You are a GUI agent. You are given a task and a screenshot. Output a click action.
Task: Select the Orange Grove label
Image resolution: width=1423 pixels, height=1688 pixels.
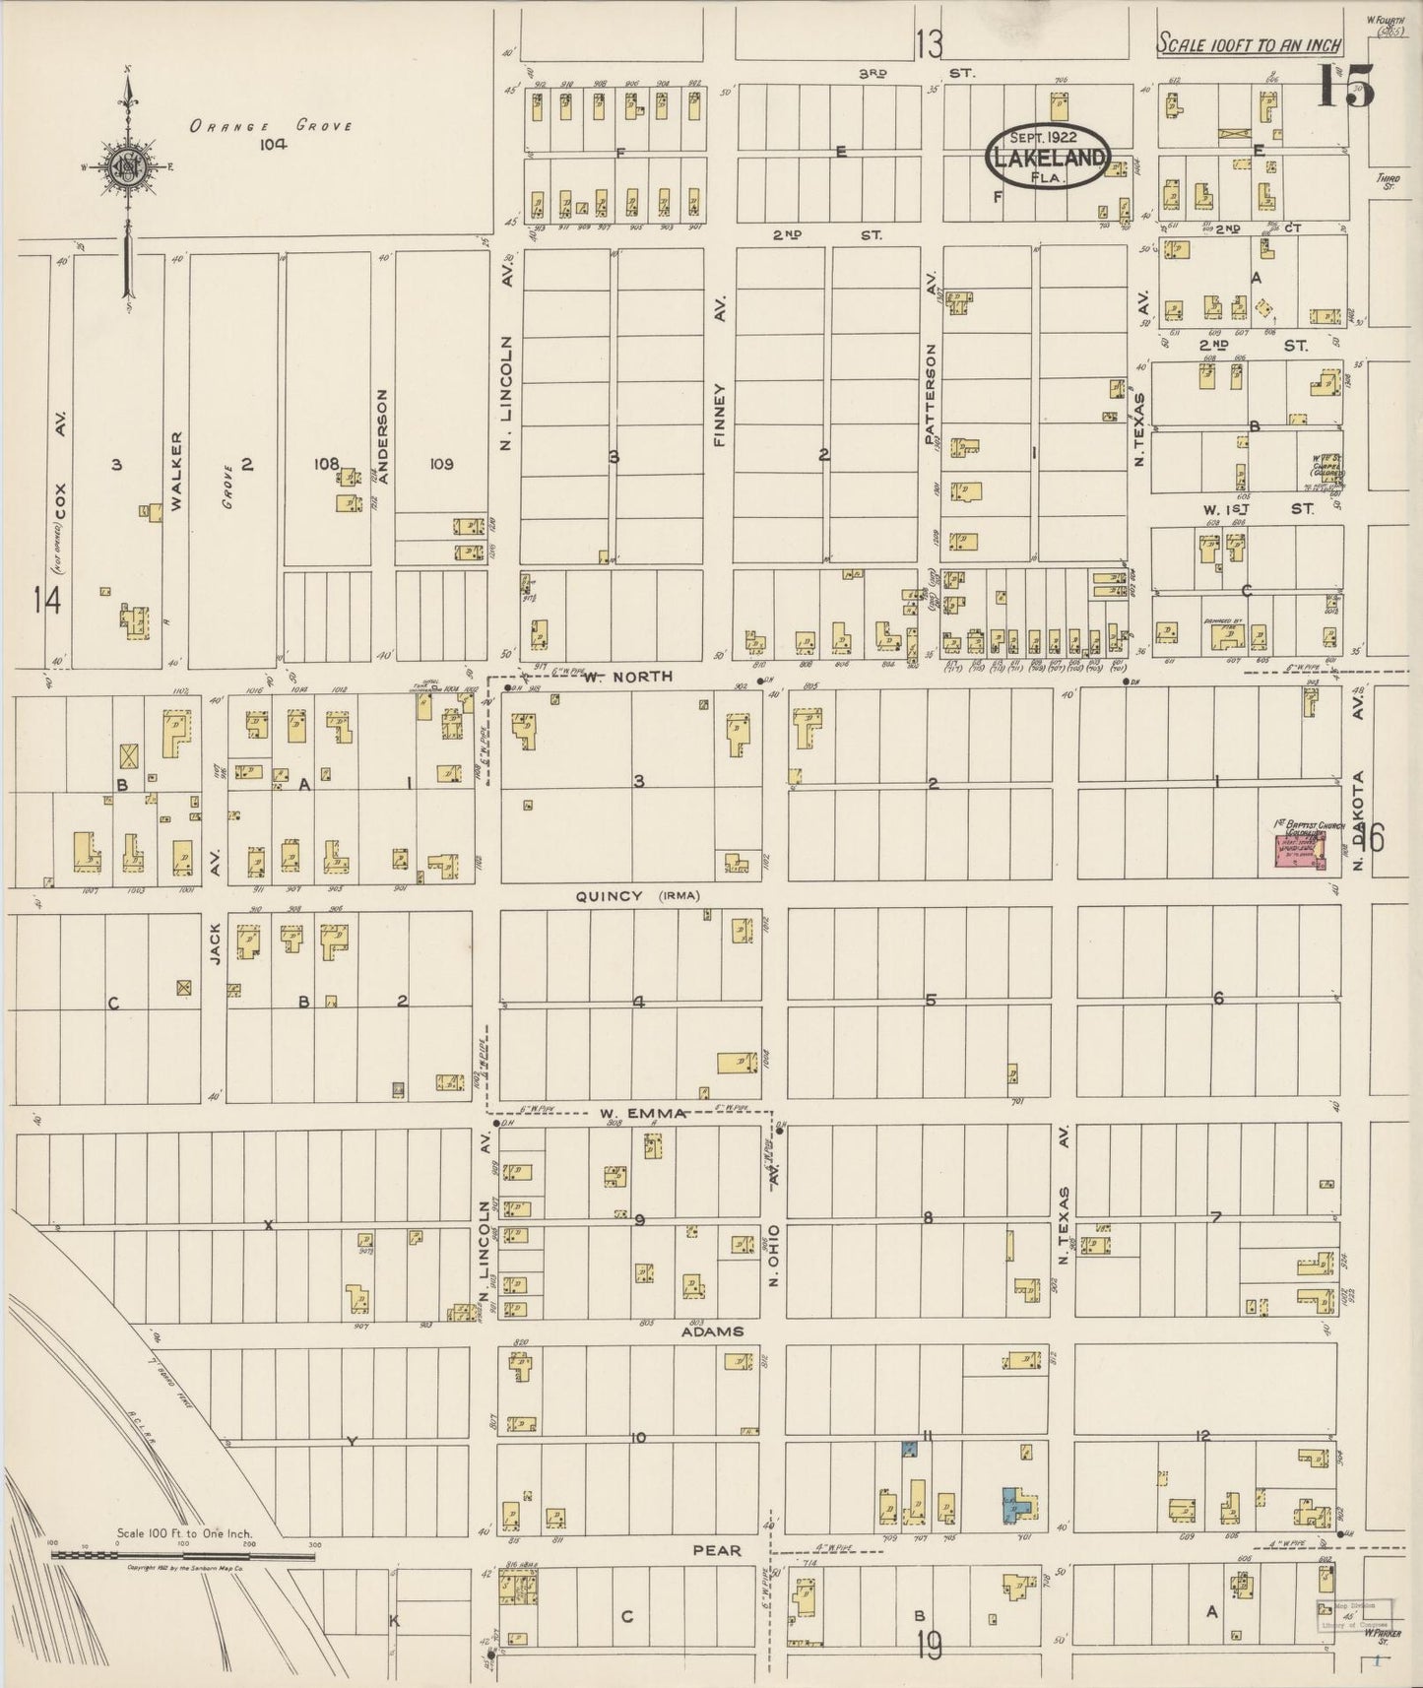click(271, 126)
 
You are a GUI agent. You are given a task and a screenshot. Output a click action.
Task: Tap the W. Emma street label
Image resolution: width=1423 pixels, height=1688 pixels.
click(642, 1114)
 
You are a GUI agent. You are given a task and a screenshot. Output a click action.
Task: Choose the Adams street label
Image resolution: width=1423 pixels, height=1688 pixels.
click(711, 1331)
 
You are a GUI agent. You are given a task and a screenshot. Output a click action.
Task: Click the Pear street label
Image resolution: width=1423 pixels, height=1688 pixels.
click(717, 1549)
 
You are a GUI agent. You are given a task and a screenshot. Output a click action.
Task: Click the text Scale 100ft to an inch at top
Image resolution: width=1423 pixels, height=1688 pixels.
click(1249, 45)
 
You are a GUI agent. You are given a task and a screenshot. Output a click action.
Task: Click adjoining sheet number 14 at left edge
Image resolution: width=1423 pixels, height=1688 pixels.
click(46, 600)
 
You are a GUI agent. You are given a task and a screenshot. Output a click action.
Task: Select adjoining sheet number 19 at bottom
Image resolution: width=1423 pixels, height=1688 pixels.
click(930, 1646)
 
